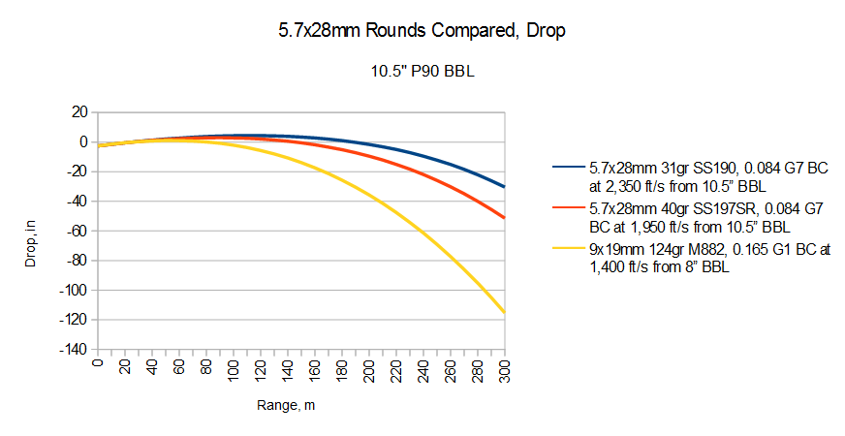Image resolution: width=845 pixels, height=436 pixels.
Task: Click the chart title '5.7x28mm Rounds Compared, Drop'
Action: (x=421, y=31)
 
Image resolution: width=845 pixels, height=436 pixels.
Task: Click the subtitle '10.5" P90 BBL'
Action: (x=422, y=71)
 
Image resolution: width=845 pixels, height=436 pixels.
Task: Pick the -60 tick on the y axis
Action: (x=76, y=231)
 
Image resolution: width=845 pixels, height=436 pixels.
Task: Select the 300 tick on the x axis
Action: (x=503, y=369)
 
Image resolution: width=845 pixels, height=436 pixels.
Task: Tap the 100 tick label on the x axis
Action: (x=233, y=369)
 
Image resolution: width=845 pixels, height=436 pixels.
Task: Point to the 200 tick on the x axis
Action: (x=368, y=369)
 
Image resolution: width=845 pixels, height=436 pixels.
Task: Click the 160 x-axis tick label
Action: (x=314, y=369)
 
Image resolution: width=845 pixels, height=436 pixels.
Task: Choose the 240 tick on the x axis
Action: (x=422, y=369)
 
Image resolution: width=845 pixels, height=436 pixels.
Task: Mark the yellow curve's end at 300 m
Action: (x=505, y=312)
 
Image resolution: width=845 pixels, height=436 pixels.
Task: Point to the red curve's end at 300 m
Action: (x=505, y=218)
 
